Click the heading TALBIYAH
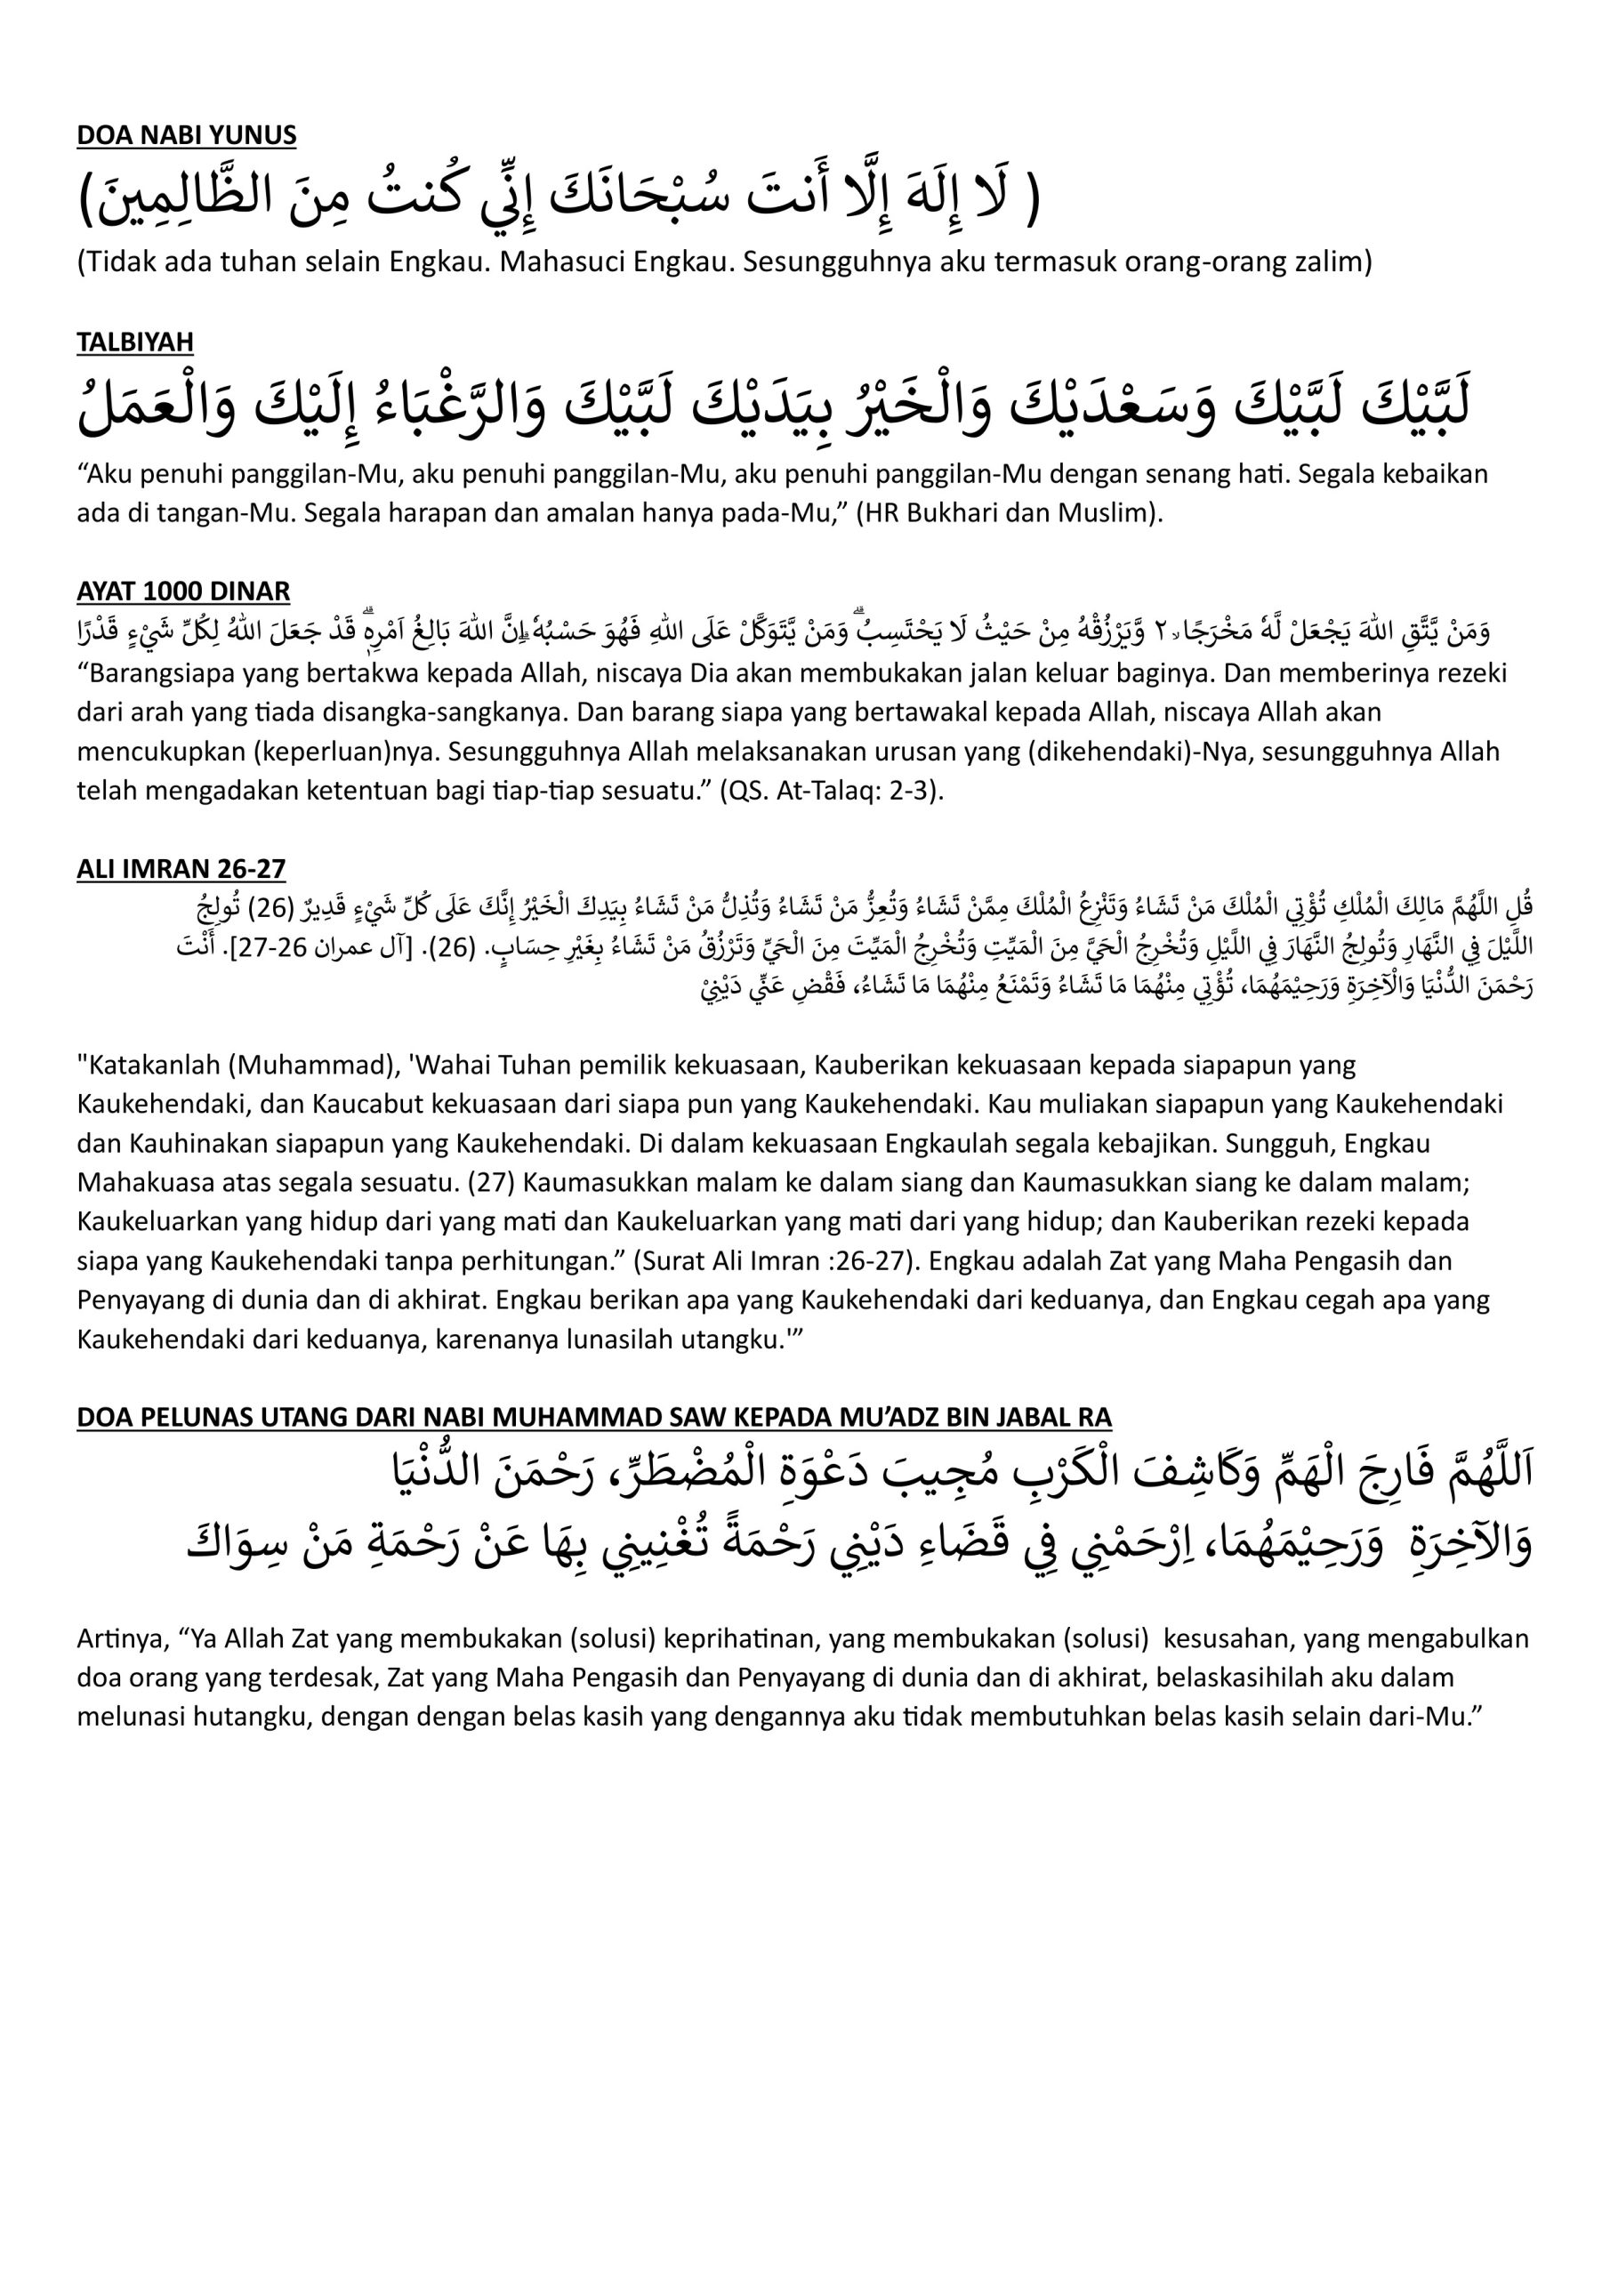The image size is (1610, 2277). click(x=135, y=342)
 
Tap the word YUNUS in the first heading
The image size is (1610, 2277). click(x=255, y=135)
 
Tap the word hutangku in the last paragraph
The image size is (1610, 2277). click(x=254, y=1717)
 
